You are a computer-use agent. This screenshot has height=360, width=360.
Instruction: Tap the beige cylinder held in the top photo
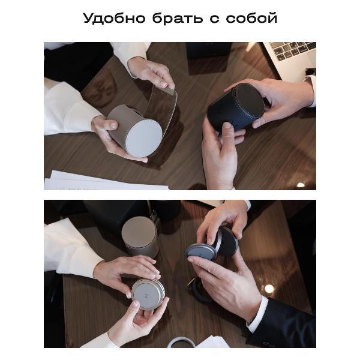(123, 123)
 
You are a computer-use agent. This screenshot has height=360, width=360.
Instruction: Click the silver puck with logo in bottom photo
(148, 294)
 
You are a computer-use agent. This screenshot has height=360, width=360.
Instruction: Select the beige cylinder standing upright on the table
(140, 236)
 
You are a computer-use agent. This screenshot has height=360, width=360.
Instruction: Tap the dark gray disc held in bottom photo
(202, 251)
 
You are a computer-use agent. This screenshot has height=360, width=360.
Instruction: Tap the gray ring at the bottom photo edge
(181, 343)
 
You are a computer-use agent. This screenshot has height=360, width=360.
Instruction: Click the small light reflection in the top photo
(301, 185)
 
